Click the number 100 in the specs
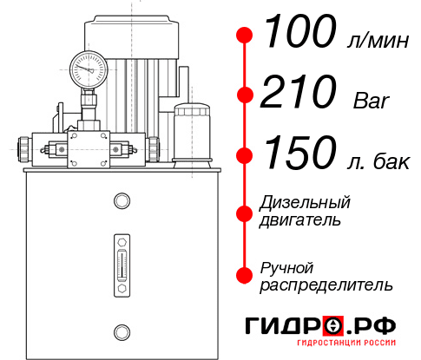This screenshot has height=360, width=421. click(x=299, y=35)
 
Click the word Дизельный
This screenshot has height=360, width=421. click(x=306, y=203)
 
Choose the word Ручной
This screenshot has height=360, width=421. click(x=286, y=266)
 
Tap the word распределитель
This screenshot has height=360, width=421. click(x=326, y=284)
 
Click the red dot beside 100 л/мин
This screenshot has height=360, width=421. click(x=245, y=36)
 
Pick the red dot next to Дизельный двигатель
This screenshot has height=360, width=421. click(x=245, y=212)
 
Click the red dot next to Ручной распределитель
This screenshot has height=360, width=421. click(x=245, y=274)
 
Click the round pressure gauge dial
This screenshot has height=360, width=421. click(x=88, y=65)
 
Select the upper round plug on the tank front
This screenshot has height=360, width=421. click(x=121, y=201)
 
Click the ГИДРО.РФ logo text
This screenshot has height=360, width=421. click(x=319, y=327)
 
